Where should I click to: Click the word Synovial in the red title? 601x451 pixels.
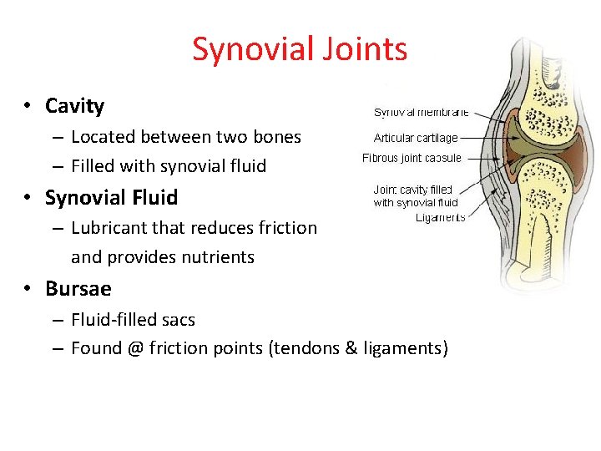tap(247, 49)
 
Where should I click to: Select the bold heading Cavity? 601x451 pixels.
tap(74, 106)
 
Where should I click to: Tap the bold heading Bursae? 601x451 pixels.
tap(78, 289)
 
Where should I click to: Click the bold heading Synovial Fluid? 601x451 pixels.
tap(111, 198)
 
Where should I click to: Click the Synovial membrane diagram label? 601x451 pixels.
tap(421, 113)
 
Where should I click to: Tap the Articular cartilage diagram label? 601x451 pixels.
tap(415, 139)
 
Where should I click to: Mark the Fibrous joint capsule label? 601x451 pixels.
tap(412, 158)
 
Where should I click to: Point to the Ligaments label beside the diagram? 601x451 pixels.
tap(440, 217)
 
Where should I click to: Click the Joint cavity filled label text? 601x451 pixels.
tap(412, 190)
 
